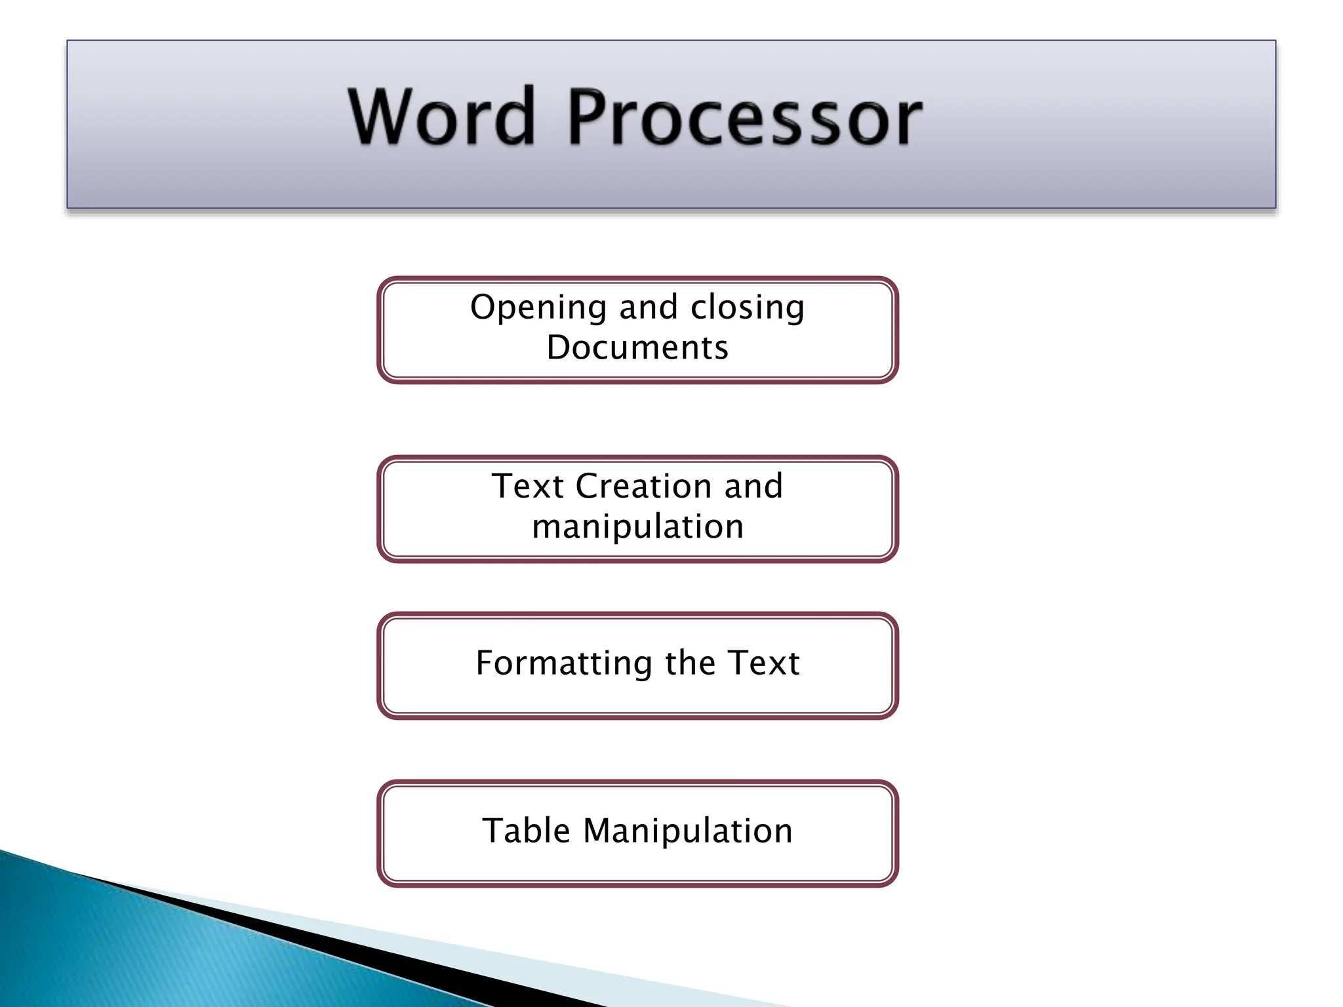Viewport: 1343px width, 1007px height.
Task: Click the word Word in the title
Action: [441, 117]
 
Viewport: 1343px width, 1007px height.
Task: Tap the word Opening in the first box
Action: [538, 307]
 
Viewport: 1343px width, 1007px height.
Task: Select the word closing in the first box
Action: [748, 307]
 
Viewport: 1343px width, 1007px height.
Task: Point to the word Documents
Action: [637, 347]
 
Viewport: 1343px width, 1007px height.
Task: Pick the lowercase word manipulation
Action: [637, 527]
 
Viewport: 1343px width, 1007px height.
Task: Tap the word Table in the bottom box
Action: [526, 831]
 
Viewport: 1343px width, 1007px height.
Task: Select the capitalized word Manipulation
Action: [688, 831]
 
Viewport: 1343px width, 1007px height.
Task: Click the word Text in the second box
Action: [527, 486]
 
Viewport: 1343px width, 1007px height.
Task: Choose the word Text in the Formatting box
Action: [763, 663]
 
